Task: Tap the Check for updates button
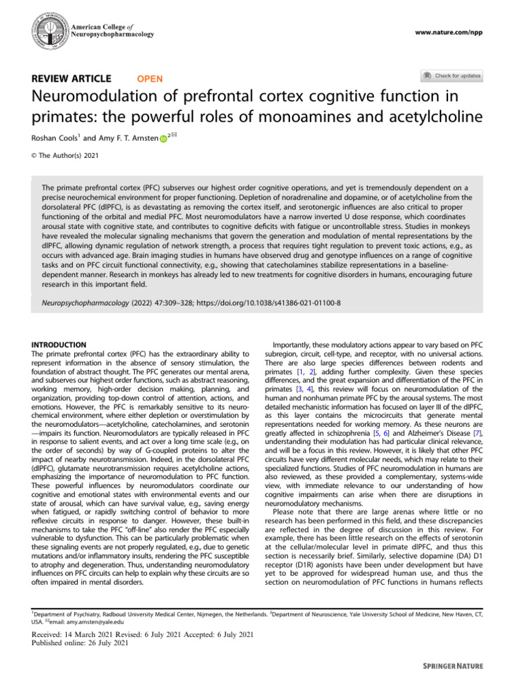coord(451,76)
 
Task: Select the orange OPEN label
coord(150,78)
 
